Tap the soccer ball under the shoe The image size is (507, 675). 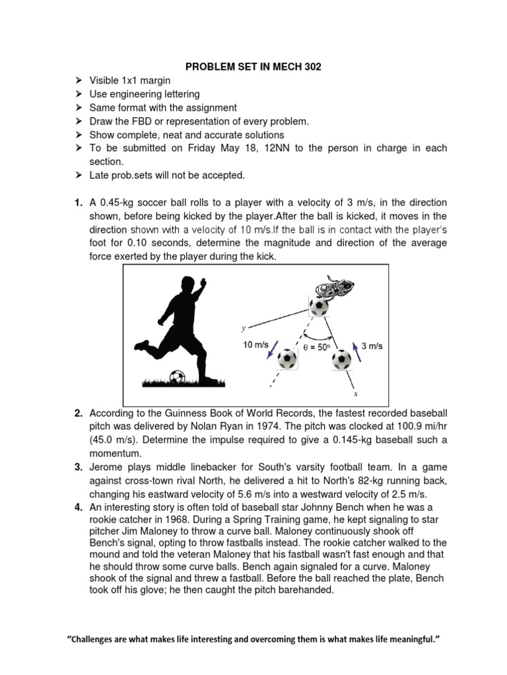319,306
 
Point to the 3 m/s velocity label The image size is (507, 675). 374,345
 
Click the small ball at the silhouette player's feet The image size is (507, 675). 177,377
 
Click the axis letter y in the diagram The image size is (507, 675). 244,327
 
